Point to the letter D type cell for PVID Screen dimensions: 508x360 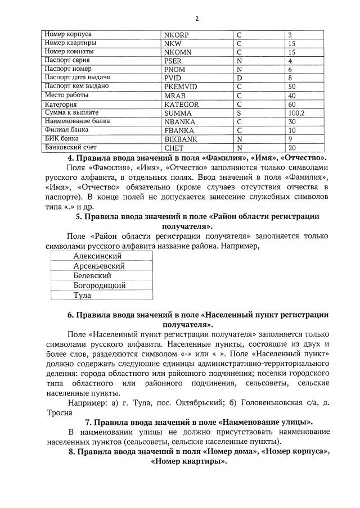[x=239, y=78]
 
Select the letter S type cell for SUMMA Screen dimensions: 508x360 [x=239, y=113]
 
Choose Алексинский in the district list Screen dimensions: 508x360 [x=98, y=256]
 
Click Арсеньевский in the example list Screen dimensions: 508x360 [x=99, y=266]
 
